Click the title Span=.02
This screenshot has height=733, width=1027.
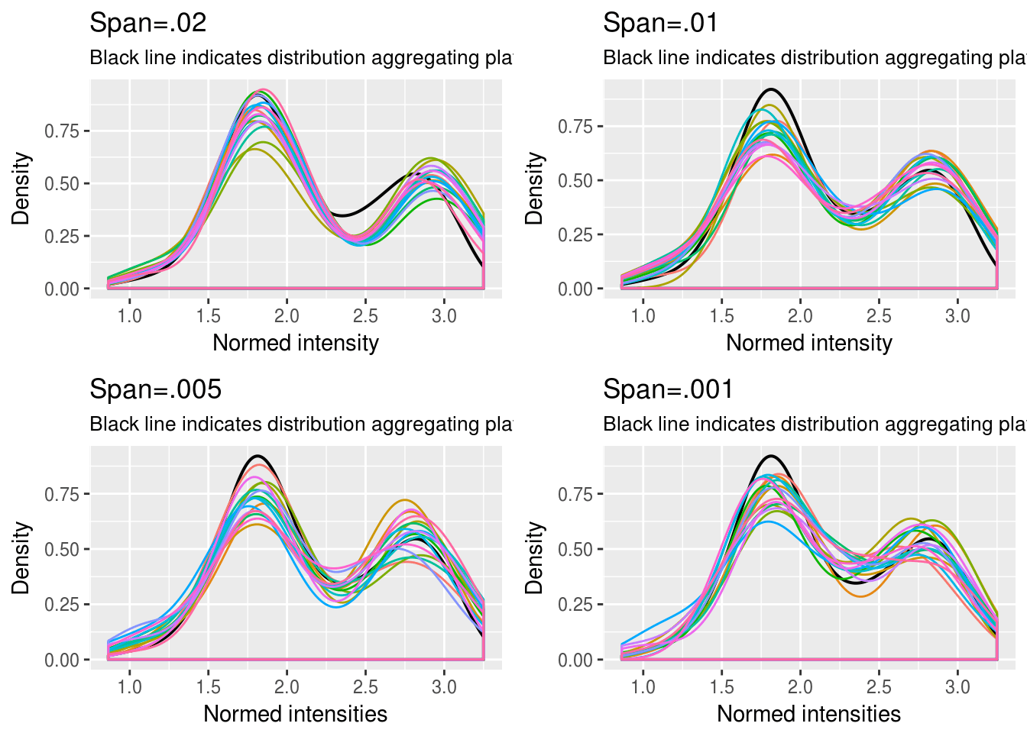coord(147,23)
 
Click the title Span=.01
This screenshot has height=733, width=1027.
coord(660,23)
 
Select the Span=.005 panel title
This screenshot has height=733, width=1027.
coord(155,389)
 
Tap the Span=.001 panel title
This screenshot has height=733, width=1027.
coord(668,389)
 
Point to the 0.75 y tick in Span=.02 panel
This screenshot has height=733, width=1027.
coord(62,131)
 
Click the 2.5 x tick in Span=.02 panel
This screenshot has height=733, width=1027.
coord(365,316)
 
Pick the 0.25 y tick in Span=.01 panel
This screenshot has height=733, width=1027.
coord(575,235)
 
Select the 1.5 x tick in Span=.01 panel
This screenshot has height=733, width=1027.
coord(721,316)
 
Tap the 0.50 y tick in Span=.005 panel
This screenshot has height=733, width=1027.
coord(62,550)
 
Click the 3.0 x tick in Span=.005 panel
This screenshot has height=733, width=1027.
coord(444,687)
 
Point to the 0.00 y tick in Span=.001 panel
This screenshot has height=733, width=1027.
coord(575,660)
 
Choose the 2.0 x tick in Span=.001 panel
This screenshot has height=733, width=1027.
coord(800,687)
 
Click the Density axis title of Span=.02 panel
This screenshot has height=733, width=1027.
coord(21,188)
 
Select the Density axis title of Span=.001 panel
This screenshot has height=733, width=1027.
coord(534,557)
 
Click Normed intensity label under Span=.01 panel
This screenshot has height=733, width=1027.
coord(808,343)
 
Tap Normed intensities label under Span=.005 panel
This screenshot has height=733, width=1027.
coord(295,714)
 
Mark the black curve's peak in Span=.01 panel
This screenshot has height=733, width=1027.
coord(772,89)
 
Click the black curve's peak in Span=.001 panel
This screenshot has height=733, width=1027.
coord(771,456)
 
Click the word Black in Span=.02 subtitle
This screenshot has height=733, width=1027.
coord(110,58)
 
